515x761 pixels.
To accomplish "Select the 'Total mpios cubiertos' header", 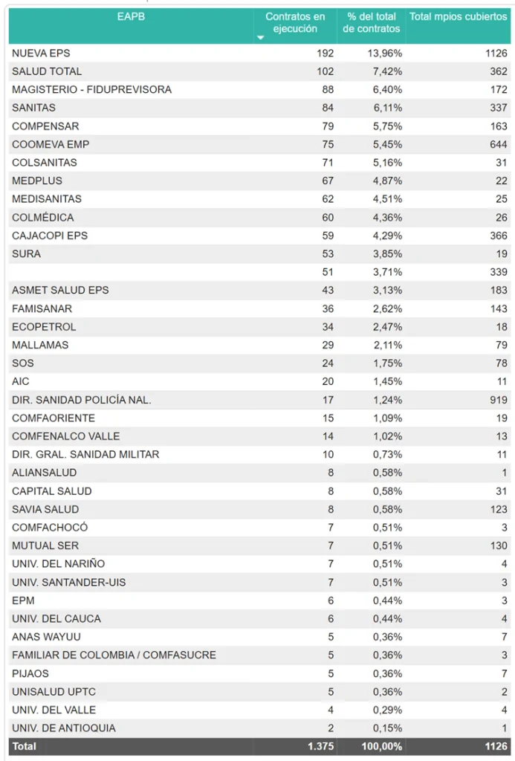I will [x=458, y=16].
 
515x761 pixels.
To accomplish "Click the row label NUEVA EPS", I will [x=41, y=54].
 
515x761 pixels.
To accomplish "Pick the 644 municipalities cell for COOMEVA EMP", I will [x=497, y=144].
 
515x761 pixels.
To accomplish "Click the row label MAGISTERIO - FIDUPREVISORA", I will [x=91, y=90].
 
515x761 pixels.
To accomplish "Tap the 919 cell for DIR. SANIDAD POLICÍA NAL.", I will [x=497, y=400].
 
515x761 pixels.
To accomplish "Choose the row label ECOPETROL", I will [x=44, y=327].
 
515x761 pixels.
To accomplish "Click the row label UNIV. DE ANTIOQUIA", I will [x=64, y=728].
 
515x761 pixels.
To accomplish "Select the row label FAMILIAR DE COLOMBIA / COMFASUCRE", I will [x=114, y=655].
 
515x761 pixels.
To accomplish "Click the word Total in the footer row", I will [x=24, y=746].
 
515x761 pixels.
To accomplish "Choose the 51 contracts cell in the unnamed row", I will [x=327, y=272].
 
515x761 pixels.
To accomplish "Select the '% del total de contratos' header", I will [x=372, y=22].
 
